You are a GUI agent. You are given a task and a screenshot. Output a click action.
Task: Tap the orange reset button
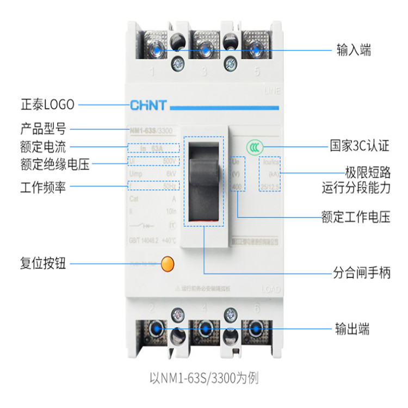pos(169,264)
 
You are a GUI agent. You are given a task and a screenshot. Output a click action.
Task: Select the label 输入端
pos(354,51)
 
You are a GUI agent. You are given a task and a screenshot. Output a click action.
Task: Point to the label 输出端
pos(352,329)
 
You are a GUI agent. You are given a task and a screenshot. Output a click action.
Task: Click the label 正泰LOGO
pos(47,104)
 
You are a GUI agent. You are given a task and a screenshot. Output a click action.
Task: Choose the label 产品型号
pos(43,129)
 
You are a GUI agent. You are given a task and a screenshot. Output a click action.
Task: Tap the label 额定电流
pos(43,146)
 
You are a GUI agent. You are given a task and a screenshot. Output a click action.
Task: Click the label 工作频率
pos(43,188)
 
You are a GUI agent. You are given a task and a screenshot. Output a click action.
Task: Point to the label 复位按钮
pos(43,264)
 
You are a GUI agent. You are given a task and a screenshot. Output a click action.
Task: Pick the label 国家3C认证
pos(360,146)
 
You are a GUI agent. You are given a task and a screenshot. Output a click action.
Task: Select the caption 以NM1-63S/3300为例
pos(204,376)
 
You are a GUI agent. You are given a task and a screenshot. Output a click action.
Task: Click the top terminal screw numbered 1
pos(156,51)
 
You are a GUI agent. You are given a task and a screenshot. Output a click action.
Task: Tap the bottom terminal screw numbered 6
pos(254,330)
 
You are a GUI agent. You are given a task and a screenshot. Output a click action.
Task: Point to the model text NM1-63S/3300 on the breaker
pos(154,129)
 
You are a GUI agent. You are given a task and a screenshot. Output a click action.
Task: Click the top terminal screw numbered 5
pos(255,51)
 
